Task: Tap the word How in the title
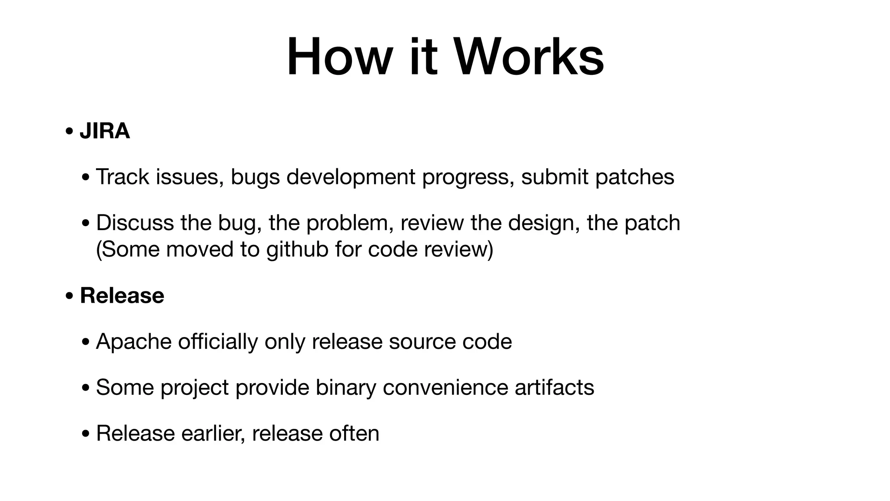click(x=339, y=57)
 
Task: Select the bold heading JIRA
click(x=105, y=131)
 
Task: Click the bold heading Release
click(x=122, y=296)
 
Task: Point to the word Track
click(x=122, y=177)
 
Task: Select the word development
click(x=351, y=177)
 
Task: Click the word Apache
click(x=133, y=341)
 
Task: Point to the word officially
click(x=218, y=341)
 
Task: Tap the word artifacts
click(x=554, y=387)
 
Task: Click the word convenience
click(x=445, y=387)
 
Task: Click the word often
click(x=354, y=433)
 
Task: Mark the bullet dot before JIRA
click(x=69, y=131)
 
